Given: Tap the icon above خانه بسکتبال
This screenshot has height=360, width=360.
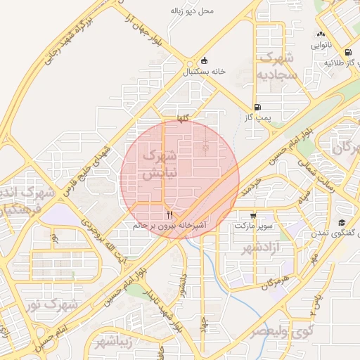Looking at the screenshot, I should coord(205,60).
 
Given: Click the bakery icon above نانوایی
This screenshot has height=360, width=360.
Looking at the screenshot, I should coord(321,34).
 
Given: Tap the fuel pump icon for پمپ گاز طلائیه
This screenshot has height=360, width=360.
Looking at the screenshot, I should coord(348,53).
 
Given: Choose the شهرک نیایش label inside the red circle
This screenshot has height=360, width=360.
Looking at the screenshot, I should coord(157,165).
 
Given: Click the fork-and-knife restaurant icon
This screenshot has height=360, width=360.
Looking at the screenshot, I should coord(169,214).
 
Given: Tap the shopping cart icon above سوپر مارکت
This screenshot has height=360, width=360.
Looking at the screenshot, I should coord(252,215).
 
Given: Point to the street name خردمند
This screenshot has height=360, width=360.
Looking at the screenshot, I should coord(250,186).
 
